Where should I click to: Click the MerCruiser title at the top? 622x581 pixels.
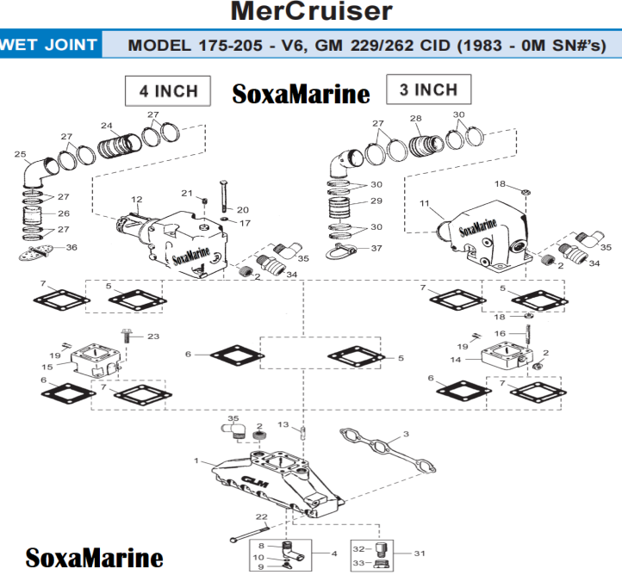click(311, 12)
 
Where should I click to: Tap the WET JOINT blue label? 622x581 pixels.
click(49, 45)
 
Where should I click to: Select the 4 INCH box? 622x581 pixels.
click(168, 90)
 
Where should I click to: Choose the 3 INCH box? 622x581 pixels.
click(428, 90)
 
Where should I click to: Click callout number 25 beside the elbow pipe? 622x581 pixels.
click(20, 155)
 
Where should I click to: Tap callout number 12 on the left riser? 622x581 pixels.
click(136, 200)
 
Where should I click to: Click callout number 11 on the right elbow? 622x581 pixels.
click(423, 203)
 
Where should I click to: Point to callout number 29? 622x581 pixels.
click(376, 201)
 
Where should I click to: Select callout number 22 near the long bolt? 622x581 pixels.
click(262, 516)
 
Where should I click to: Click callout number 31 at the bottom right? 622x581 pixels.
click(420, 553)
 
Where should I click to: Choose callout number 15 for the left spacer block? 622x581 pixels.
click(47, 368)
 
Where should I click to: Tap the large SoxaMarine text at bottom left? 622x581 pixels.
click(94, 557)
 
